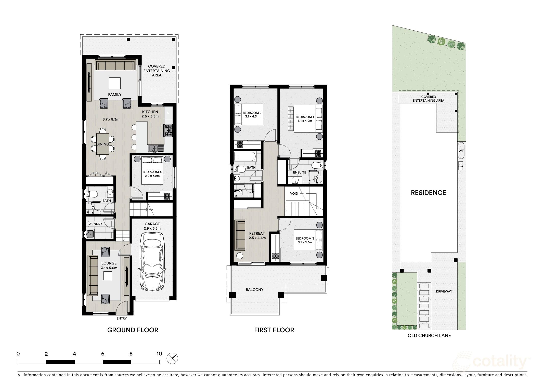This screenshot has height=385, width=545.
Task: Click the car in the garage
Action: [152, 262]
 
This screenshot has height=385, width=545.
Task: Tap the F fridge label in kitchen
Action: [168, 113]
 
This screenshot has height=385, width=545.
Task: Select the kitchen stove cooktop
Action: [168, 130]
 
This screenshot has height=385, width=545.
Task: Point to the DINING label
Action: [102, 144]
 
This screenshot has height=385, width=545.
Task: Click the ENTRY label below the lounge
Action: [122, 318]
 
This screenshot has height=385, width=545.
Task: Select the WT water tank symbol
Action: [461, 151]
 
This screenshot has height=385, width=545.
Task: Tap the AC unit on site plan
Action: [461, 166]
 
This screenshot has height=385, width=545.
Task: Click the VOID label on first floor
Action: [294, 193]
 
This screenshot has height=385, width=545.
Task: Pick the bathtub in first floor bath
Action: [245, 156]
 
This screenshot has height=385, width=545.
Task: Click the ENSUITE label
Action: [299, 172]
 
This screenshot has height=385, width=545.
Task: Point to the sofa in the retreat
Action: [240, 235]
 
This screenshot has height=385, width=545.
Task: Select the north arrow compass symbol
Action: [172, 358]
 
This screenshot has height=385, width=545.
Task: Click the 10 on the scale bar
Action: [159, 354]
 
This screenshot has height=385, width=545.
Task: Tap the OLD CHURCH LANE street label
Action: [429, 336]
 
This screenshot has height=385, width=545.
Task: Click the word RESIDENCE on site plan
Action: [428, 193]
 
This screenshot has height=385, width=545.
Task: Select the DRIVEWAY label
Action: [444, 291]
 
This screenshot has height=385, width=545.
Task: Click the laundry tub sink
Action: [90, 234]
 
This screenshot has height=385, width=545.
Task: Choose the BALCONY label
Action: [254, 290]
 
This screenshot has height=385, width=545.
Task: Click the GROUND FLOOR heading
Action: [133, 330]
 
